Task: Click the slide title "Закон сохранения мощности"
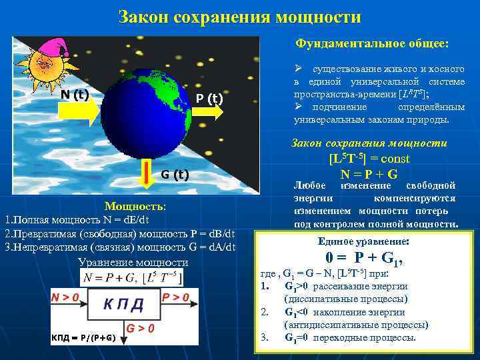(x=240, y=16)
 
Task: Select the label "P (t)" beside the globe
(x=209, y=99)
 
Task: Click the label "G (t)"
(x=176, y=175)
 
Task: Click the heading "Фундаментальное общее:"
(x=373, y=43)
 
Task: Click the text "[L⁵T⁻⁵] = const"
(x=369, y=159)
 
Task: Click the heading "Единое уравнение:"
(x=363, y=241)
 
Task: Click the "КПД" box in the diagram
(x=123, y=305)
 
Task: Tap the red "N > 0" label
(x=67, y=297)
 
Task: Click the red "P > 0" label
(x=177, y=297)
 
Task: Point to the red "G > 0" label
(x=141, y=328)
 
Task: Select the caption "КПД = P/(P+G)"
(x=83, y=337)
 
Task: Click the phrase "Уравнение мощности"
(x=133, y=262)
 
